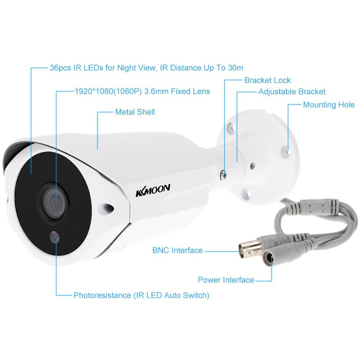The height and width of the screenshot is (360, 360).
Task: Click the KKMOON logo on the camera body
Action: tap(153, 190)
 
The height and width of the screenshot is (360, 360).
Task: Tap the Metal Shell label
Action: tap(135, 112)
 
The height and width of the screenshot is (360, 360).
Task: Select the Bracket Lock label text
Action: tap(268, 80)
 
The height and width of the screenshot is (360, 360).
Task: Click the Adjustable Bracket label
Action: tap(292, 92)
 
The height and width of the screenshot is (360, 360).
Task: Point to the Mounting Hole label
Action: tap(329, 105)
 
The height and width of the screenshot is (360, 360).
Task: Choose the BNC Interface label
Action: tap(177, 250)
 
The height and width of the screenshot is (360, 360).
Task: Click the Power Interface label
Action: tap(226, 280)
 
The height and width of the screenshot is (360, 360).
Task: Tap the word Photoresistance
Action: tap(102, 295)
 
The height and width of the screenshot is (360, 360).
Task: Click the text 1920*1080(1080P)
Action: tap(108, 91)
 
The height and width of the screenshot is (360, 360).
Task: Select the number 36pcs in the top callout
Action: tap(60, 68)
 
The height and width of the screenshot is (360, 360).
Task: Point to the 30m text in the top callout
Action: tap(235, 68)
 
